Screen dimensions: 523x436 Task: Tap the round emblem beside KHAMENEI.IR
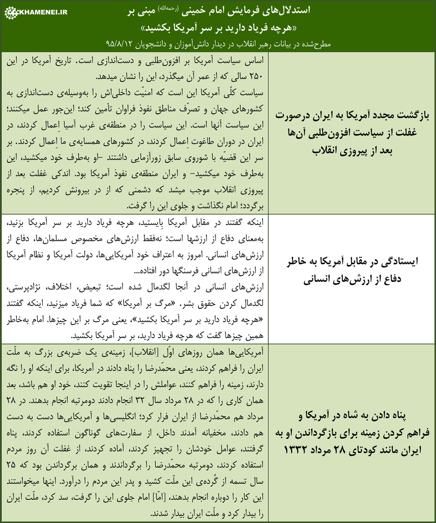tap(10, 13)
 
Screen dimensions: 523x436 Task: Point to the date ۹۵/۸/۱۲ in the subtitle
tap(118, 44)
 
